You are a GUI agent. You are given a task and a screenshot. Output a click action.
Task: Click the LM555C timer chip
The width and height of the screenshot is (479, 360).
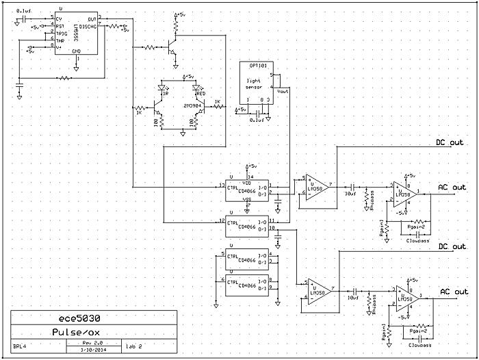(75, 34)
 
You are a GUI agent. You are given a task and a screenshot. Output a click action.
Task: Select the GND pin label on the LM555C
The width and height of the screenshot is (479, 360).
(76, 51)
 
